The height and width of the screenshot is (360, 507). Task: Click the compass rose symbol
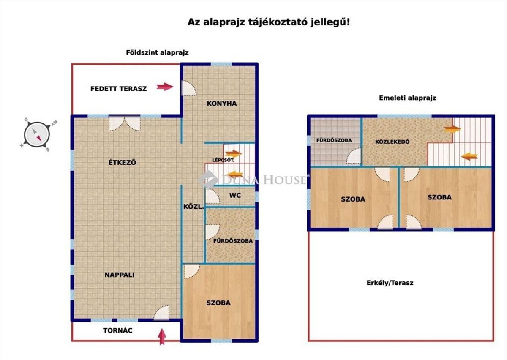coord(37,134)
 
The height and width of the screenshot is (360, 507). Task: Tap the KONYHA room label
coord(222,104)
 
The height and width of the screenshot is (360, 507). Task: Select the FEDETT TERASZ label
coord(119,89)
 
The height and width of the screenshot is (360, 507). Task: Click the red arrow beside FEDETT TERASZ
coord(165,87)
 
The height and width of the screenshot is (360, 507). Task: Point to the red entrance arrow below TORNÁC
coord(162,337)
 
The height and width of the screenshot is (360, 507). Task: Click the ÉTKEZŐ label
coord(122,162)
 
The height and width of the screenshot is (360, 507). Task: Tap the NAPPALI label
coord(120,275)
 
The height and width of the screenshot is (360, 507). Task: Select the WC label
coord(235,195)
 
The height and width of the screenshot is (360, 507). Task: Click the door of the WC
coord(213,196)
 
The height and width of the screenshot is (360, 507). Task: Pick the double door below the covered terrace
coord(125,124)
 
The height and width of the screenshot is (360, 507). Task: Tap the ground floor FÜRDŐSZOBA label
coord(233,241)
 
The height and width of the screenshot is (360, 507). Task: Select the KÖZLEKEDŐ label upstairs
coord(393,142)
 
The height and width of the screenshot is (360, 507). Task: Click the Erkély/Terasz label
coord(390,283)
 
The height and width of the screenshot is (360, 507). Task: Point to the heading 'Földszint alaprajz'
coord(157,52)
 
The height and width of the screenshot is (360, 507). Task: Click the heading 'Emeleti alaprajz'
coord(407,98)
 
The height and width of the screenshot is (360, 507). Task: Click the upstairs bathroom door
coord(354,156)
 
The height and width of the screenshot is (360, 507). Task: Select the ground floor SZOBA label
coord(218,303)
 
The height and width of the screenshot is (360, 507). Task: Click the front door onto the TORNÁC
coord(161,313)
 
